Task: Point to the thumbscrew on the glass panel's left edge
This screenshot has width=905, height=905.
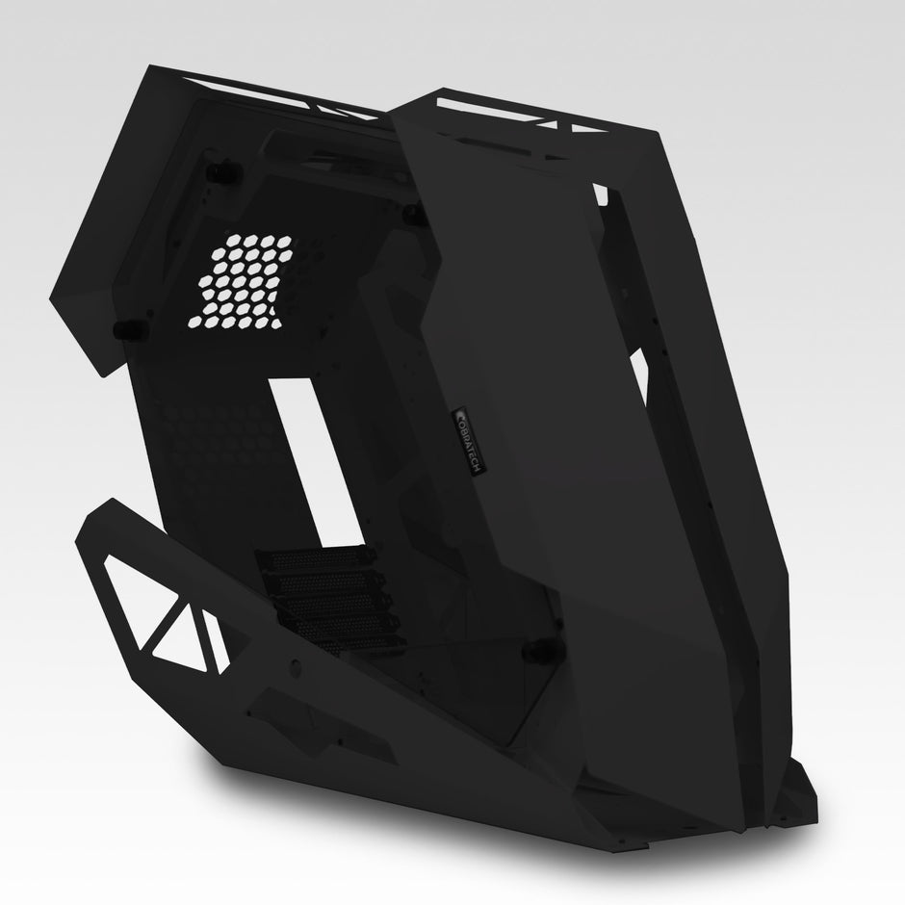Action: coord(121,329)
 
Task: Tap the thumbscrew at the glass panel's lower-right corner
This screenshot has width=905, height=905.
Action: coord(530,651)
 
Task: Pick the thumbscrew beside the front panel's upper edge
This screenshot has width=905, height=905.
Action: coord(412,211)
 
